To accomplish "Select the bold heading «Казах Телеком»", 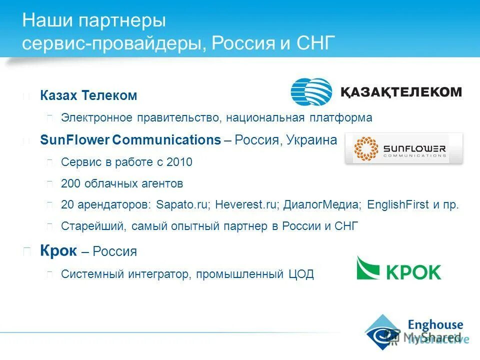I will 88,95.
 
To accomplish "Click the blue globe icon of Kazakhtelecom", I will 311,92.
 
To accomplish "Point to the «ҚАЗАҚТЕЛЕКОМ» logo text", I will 401,92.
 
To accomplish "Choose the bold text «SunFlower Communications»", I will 130,140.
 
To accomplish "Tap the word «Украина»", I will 312,140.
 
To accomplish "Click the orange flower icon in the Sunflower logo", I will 366,149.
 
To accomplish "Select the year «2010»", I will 179,162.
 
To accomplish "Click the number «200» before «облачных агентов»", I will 70,183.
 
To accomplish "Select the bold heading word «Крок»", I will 58,251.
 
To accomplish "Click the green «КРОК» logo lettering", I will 413,272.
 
